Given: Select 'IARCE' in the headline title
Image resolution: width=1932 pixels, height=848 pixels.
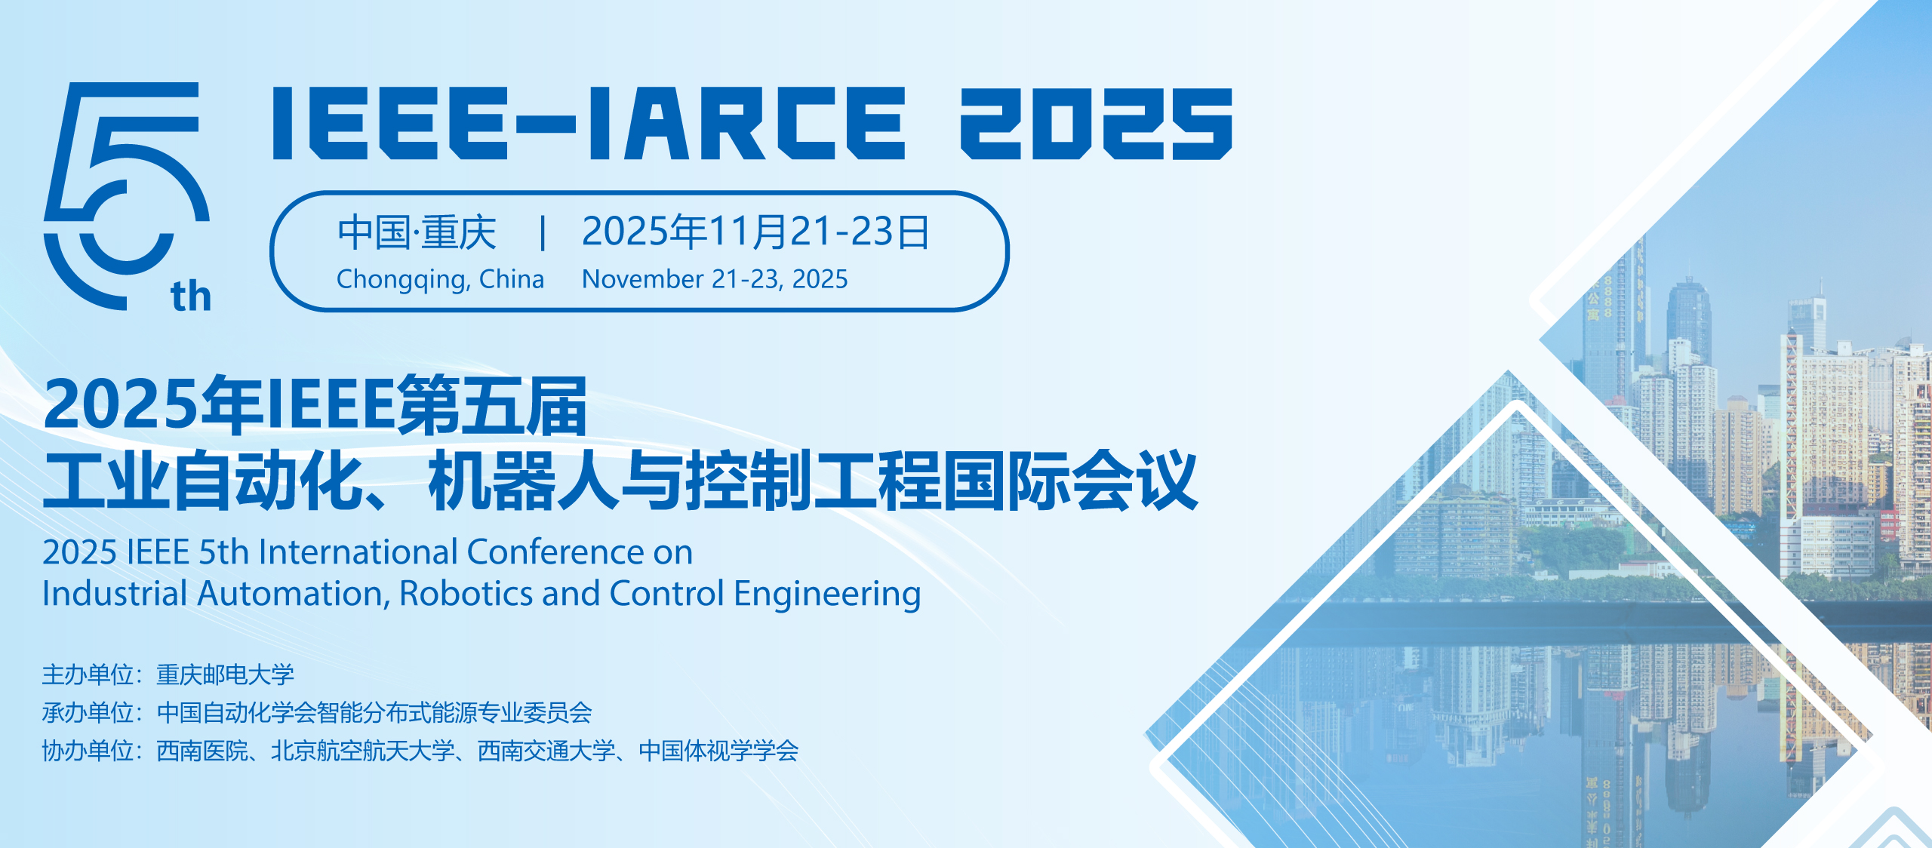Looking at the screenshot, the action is click(x=746, y=123).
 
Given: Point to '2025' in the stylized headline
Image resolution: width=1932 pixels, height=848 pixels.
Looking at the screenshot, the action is click(x=1097, y=123).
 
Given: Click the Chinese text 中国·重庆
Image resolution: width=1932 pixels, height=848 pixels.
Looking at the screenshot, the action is click(x=417, y=232).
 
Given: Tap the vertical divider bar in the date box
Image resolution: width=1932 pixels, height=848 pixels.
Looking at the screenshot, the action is click(x=542, y=232).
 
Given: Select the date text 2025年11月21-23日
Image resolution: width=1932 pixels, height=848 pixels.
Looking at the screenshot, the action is click(x=755, y=232).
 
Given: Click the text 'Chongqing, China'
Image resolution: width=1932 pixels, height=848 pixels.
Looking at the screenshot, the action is click(x=440, y=280).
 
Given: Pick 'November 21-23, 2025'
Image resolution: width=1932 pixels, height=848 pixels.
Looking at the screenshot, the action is click(x=715, y=279).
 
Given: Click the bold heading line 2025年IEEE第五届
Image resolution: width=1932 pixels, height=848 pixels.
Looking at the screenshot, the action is click(x=315, y=405).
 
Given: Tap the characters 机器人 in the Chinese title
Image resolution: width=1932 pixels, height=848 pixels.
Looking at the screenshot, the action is click(x=524, y=480).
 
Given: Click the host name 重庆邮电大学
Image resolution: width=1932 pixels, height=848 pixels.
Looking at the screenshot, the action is click(x=225, y=674).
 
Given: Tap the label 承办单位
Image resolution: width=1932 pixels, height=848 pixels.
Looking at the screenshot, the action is click(x=88, y=712).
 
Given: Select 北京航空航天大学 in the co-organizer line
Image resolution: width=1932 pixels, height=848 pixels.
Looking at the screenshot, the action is click(x=363, y=751).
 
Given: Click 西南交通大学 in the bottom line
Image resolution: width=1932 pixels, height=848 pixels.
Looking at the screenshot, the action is click(x=546, y=751).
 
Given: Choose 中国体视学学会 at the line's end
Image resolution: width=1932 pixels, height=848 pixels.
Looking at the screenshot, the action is click(x=718, y=751).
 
